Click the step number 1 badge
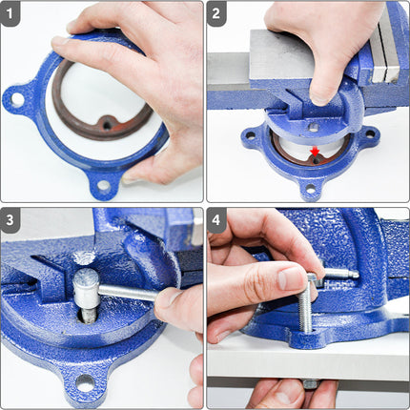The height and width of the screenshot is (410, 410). pyautogui.click(x=12, y=12)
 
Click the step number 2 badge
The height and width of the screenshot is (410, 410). pyautogui.click(x=218, y=12)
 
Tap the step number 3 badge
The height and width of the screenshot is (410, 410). pyautogui.click(x=12, y=218)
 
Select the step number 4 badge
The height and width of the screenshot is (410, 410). pyautogui.click(x=218, y=218)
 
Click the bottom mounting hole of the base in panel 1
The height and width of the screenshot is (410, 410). pyautogui.click(x=102, y=184)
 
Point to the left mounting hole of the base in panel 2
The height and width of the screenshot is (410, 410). pyautogui.click(x=251, y=135)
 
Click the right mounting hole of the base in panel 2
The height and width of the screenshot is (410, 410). pyautogui.click(x=367, y=134)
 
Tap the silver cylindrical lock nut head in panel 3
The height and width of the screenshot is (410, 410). pyautogui.click(x=86, y=280)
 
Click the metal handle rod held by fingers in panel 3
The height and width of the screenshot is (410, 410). pyautogui.click(x=129, y=292)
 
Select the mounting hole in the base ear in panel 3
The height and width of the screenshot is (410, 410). pyautogui.click(x=85, y=382)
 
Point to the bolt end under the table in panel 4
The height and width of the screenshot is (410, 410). pyautogui.click(x=310, y=382)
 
